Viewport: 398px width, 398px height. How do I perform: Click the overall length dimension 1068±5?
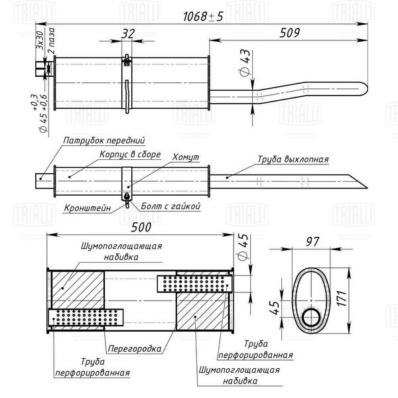pos(203,17)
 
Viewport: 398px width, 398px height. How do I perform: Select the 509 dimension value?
pos(290,33)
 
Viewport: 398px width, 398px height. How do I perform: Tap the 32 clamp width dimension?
pos(128,34)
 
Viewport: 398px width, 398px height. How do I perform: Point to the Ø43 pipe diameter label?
pos(245,63)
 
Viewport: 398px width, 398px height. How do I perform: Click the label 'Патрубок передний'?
pos(104,141)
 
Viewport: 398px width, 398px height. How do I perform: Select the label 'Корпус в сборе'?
pos(130,155)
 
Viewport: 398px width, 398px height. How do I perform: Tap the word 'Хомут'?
pos(186,157)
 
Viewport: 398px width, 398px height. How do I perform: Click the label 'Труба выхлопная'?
pos(293,159)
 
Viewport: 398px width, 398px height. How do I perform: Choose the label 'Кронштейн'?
pos(88,208)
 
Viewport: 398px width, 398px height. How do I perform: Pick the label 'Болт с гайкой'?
pos(170,206)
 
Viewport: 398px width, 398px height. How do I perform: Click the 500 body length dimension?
pos(141,227)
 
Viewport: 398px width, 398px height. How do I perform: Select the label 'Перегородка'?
pos(135,349)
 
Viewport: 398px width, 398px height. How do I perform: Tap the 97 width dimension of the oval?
pos(312,241)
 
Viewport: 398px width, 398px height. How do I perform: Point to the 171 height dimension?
pos(342,298)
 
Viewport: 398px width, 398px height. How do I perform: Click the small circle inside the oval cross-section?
pos(311,318)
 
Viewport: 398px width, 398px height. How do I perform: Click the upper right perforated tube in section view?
pos(194,284)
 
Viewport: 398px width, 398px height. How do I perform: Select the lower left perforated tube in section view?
pos(86,317)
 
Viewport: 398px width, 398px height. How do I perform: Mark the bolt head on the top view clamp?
pos(127,62)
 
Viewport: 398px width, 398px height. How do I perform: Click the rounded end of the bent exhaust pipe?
pos(364,89)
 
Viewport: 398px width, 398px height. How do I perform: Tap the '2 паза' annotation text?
pos(51,40)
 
